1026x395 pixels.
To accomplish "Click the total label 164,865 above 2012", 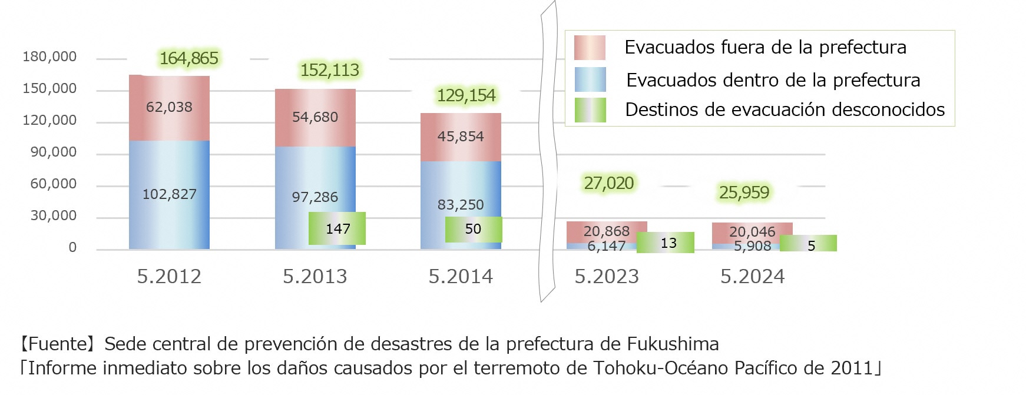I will [188, 58].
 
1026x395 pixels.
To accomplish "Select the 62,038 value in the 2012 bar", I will [169, 107].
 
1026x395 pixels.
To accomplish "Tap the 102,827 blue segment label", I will [169, 194].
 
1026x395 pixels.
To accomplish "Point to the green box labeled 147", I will [337, 228].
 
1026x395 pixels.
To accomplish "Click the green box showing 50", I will [473, 229].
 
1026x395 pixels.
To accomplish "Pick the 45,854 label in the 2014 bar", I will [461, 137].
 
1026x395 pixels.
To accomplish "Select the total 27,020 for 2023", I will [609, 184].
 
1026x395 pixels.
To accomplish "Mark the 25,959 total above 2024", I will [744, 192].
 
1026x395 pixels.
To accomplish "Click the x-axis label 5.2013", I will [315, 276].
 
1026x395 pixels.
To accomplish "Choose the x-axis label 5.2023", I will [607, 276].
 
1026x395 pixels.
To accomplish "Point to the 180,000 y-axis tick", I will [49, 57].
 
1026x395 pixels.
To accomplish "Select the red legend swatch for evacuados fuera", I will [590, 48].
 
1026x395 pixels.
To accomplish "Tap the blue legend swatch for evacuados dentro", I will [590, 79].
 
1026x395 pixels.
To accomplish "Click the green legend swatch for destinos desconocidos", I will [590, 110].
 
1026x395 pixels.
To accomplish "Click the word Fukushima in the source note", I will [673, 344].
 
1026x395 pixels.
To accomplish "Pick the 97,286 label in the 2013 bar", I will [315, 197].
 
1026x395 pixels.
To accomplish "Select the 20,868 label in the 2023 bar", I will [607, 231].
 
